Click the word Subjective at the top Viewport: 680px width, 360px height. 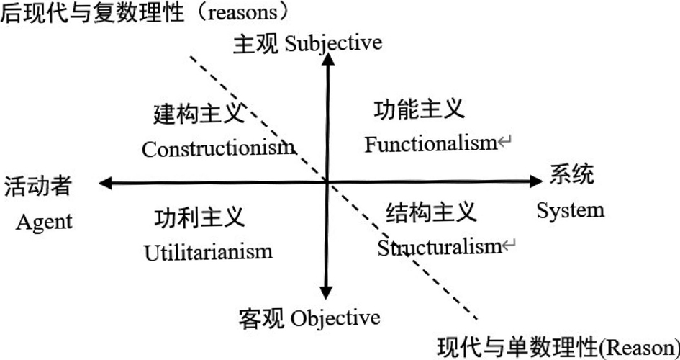click(x=333, y=43)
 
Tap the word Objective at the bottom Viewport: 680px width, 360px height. click(x=335, y=318)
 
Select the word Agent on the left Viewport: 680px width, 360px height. click(x=44, y=221)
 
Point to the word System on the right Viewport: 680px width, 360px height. click(x=571, y=210)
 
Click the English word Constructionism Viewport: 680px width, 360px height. click(x=218, y=148)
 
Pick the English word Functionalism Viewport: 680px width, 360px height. click(x=430, y=143)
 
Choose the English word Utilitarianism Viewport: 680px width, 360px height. click(x=208, y=251)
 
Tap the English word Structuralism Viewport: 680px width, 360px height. click(x=438, y=248)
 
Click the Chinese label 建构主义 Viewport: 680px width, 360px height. click(x=200, y=114)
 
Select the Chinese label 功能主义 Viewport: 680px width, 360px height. click(x=420, y=109)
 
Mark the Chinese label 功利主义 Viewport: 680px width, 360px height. click(x=200, y=217)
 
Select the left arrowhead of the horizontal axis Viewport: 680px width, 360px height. click(x=105, y=184)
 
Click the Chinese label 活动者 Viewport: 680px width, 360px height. click(x=38, y=187)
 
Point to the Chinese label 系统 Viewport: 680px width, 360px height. click(x=573, y=175)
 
